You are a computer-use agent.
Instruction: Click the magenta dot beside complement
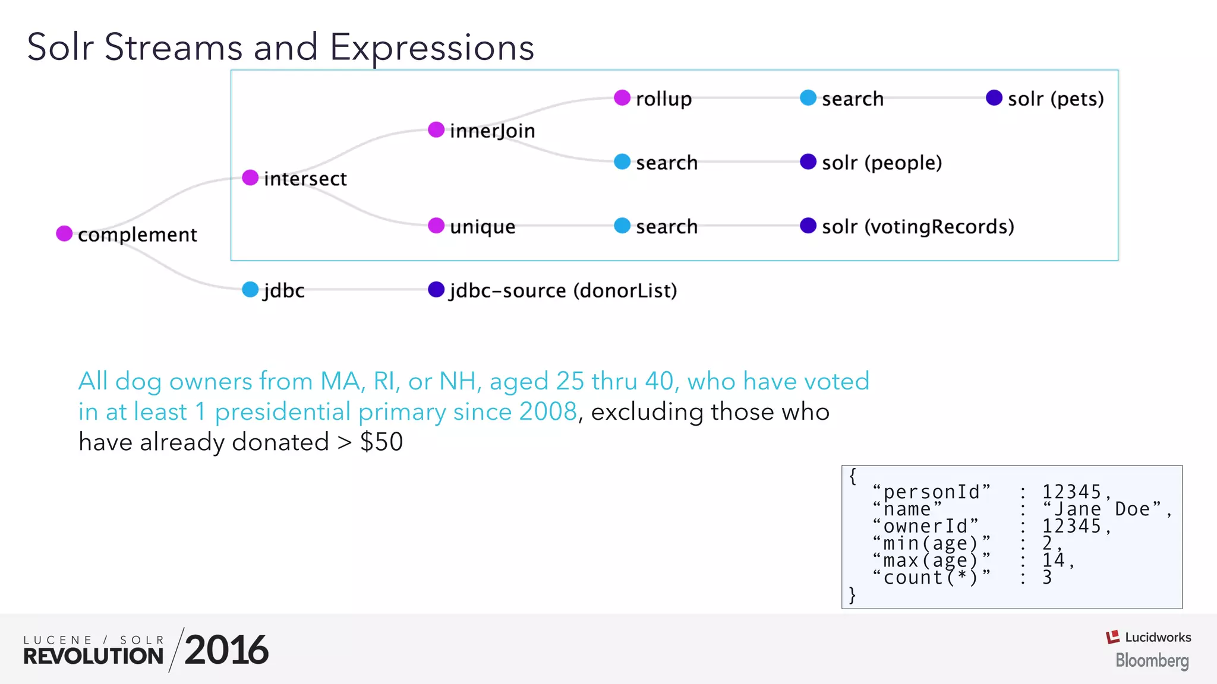64,233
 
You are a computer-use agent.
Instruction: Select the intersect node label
305,179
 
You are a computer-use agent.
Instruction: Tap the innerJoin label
492,131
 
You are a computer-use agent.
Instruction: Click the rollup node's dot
622,98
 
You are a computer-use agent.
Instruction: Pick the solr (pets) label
1055,99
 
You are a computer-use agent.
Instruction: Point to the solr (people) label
882,163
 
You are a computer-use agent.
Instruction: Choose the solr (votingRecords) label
918,227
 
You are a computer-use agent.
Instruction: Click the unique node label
483,227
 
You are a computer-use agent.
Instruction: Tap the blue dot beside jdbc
250,290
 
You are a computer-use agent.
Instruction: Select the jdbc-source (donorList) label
563,291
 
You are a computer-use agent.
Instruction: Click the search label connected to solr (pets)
852,99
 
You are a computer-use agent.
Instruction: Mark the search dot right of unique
622,226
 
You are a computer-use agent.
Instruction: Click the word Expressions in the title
432,47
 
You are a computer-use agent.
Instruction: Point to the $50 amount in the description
381,442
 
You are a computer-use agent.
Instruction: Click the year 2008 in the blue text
547,411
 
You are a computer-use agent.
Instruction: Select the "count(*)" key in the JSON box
931,578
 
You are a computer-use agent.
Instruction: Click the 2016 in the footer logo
226,650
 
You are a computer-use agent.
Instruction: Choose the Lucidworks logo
1148,638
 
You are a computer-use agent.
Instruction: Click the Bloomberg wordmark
1152,660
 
